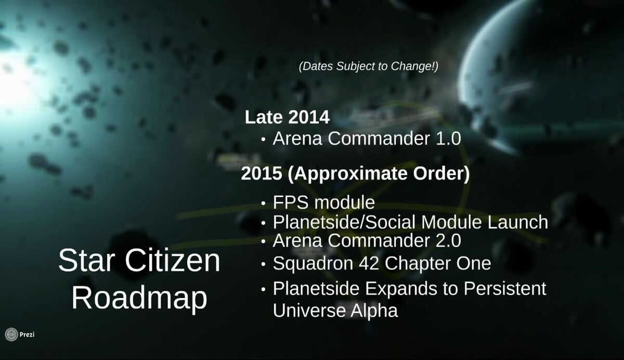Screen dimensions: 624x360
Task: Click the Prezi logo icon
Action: pos(11,335)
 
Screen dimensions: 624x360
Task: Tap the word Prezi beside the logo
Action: pos(27,335)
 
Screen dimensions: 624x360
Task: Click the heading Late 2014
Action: pos(287,117)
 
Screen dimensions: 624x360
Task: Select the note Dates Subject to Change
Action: pos(369,66)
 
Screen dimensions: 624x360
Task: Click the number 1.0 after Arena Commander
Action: pos(448,138)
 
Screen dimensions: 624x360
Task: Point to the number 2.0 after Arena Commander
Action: pos(448,240)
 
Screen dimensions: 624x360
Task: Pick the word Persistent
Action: pos(505,288)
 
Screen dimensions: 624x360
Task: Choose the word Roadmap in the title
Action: pos(139,298)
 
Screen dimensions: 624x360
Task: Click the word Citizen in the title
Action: pos(173,261)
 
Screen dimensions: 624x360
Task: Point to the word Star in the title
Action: pos(87,261)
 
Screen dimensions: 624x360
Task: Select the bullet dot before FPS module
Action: pos(263,203)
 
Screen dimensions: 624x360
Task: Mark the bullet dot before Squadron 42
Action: pos(263,264)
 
